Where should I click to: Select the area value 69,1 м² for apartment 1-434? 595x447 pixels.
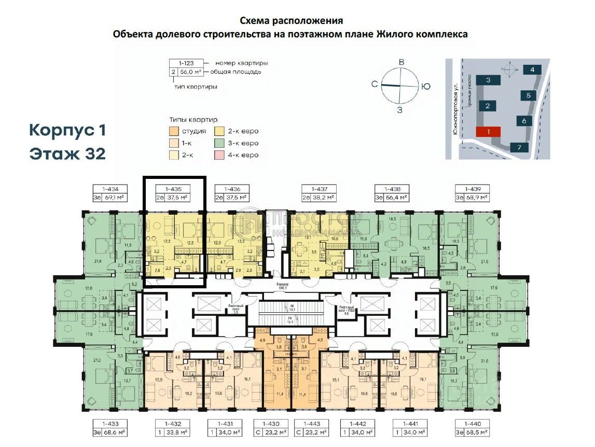(x=116, y=198)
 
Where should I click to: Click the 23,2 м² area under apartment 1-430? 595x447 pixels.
(x=278, y=431)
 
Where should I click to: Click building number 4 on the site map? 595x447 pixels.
(x=532, y=69)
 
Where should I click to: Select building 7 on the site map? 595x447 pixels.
(x=519, y=147)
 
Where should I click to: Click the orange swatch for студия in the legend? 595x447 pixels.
(x=175, y=131)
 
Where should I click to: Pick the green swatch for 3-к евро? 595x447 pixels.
(x=220, y=143)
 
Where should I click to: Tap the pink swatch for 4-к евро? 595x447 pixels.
(x=220, y=155)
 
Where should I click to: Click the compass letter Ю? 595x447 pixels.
(x=425, y=86)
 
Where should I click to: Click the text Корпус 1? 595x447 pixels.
(x=67, y=130)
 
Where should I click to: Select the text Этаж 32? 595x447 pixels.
(x=67, y=154)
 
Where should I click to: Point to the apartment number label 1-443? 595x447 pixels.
(x=311, y=423)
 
